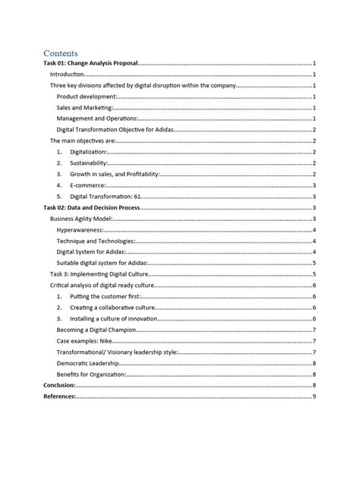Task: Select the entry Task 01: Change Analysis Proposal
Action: [x=90, y=65]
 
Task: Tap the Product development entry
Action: [x=87, y=97]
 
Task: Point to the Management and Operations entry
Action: [x=96, y=119]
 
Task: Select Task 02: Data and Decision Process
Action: [x=92, y=207]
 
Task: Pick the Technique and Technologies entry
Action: [x=95, y=240]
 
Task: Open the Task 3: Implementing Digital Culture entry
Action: [x=99, y=273]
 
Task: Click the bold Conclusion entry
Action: [x=59, y=385]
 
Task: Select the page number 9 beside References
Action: [x=314, y=396]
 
